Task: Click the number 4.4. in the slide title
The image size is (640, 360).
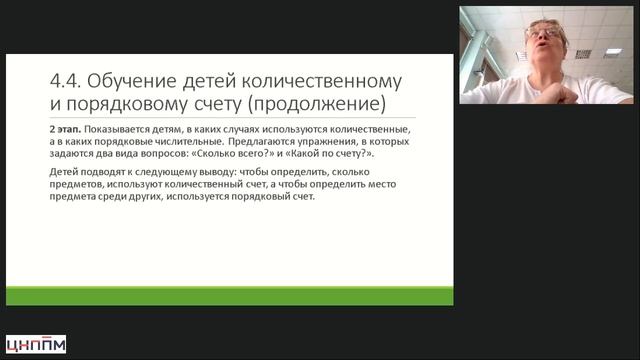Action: (65, 81)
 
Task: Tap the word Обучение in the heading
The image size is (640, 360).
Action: (132, 81)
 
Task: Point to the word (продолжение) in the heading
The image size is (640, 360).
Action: (317, 103)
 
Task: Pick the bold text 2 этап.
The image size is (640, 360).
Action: (65, 129)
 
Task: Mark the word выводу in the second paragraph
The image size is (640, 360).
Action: (218, 172)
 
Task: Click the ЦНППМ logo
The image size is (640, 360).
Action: (36, 344)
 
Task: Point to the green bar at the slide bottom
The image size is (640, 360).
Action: (229, 296)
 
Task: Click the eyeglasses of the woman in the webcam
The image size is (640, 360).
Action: (543, 33)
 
